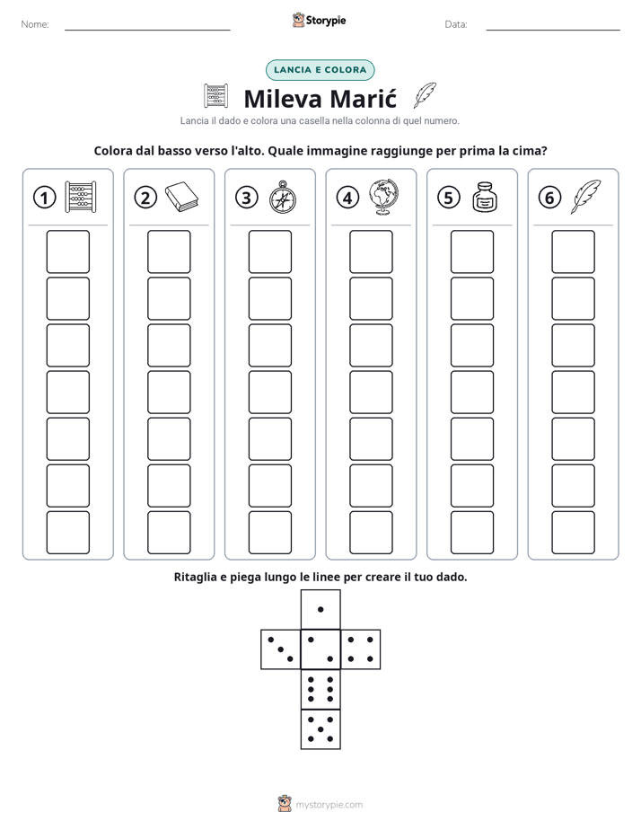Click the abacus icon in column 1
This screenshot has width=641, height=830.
tap(81, 197)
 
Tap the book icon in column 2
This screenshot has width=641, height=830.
tap(181, 197)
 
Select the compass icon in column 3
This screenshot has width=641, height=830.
tap(283, 197)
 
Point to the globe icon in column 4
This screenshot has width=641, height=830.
tap(384, 197)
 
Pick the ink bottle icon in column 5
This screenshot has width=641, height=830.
tap(485, 197)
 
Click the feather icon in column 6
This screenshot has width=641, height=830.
tap(585, 197)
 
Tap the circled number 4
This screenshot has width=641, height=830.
tap(347, 198)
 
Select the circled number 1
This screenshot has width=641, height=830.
tap(44, 198)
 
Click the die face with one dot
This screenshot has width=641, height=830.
tap(320, 610)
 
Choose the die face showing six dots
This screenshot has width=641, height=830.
tap(320, 689)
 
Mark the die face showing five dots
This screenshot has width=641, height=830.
tap(320, 728)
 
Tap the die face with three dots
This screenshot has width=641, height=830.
tap(281, 649)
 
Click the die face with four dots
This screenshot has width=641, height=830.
tap(360, 649)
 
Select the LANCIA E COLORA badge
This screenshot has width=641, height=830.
tap(320, 70)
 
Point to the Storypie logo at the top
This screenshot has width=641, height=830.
tap(319, 20)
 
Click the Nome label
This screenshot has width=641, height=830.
tap(35, 24)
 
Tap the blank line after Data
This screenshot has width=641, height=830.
tap(553, 30)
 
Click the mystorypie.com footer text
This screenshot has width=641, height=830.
tap(329, 805)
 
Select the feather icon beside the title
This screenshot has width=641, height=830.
tap(425, 95)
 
